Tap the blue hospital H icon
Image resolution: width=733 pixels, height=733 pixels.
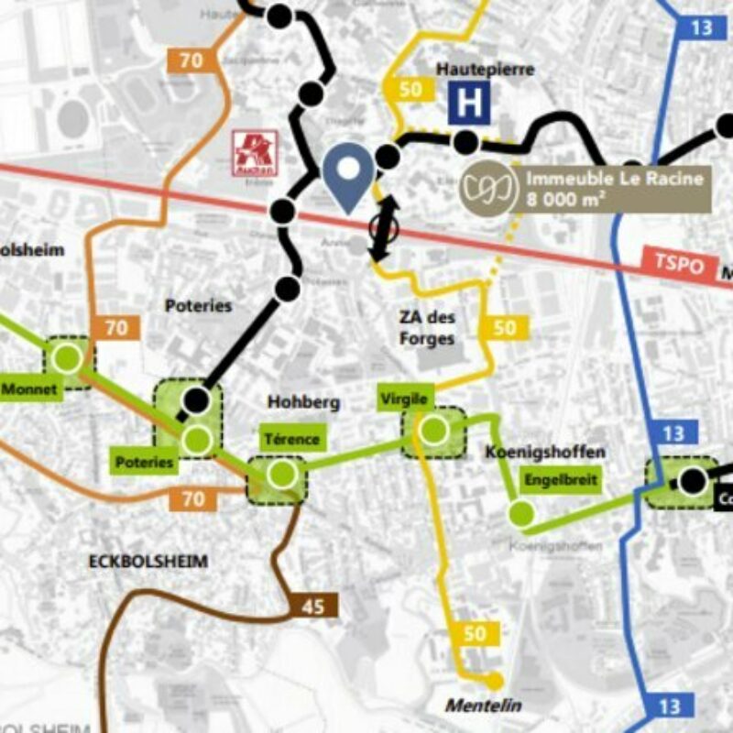point(469,104)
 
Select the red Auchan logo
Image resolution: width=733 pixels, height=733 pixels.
point(254,151)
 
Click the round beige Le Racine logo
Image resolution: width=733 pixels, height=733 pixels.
point(487,189)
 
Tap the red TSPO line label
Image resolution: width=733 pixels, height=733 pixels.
point(679,263)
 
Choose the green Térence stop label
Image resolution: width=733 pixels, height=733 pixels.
point(291,439)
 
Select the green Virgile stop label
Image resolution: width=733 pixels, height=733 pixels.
point(403,399)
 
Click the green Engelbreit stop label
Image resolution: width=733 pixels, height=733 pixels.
point(560,478)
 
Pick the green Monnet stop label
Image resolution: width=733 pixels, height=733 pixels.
point(30,389)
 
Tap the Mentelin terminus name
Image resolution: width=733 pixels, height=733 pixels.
point(483,706)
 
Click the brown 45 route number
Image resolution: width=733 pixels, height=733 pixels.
point(313,605)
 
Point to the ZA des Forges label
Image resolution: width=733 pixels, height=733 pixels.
point(427,328)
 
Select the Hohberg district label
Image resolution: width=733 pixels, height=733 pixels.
point(303,402)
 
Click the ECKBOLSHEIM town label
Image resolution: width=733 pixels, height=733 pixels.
point(148,561)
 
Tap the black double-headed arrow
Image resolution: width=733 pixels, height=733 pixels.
point(384,227)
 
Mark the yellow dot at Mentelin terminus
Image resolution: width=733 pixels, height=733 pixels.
point(495,681)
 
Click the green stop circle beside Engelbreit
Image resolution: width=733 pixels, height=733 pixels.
point(521,514)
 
